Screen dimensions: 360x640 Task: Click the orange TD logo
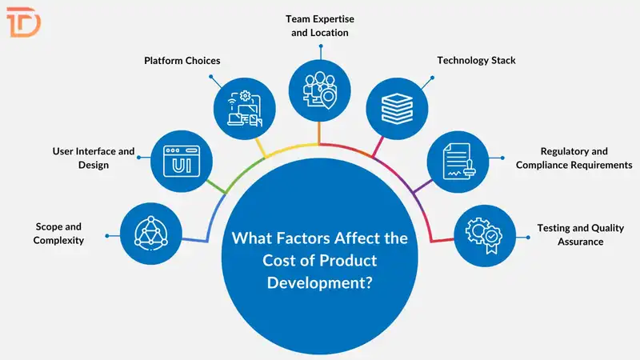point(24,23)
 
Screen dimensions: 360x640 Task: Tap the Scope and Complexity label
point(58,234)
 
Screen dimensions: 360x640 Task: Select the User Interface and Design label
point(93,158)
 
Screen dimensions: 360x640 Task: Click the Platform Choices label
point(182,61)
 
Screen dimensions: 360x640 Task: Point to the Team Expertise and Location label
point(320,26)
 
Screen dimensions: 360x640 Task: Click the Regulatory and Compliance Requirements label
point(574,158)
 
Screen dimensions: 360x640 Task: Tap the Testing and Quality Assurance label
point(570,234)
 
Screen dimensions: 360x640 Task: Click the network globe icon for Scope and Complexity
point(146,231)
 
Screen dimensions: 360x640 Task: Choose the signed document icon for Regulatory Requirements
point(458,160)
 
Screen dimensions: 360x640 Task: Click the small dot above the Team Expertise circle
point(320,46)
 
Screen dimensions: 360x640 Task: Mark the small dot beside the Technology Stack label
point(432,78)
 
